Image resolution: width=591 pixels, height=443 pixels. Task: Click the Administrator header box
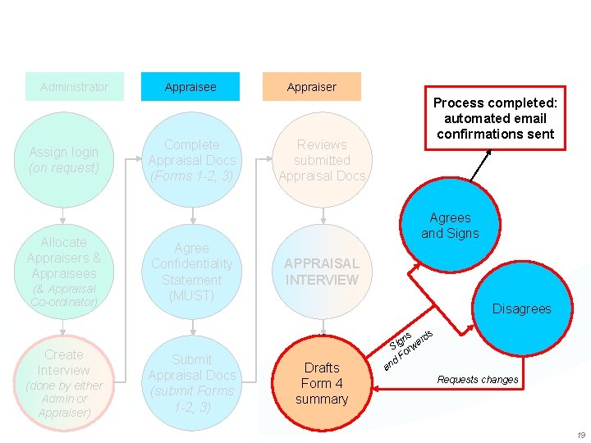[x=74, y=87]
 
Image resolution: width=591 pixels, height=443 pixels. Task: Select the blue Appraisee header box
[x=190, y=87]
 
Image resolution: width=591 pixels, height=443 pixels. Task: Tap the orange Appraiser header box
[x=312, y=87]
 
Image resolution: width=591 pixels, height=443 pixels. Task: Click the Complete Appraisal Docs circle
[x=192, y=159]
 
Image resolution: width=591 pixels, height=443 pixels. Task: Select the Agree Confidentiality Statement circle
[x=192, y=272]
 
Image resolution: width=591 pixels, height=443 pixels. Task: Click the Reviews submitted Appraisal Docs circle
[x=322, y=159]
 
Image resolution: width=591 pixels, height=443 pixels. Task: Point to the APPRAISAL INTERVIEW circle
[x=322, y=272]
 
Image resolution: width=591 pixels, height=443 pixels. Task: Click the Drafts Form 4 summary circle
[x=322, y=383]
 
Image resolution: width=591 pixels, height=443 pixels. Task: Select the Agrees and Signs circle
[x=451, y=226]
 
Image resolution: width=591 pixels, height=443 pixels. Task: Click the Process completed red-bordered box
[x=495, y=118]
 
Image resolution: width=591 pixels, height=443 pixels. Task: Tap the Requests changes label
[x=477, y=380]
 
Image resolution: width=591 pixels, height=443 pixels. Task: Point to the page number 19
[x=580, y=435]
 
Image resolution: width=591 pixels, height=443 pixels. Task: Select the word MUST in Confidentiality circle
[x=192, y=295]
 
